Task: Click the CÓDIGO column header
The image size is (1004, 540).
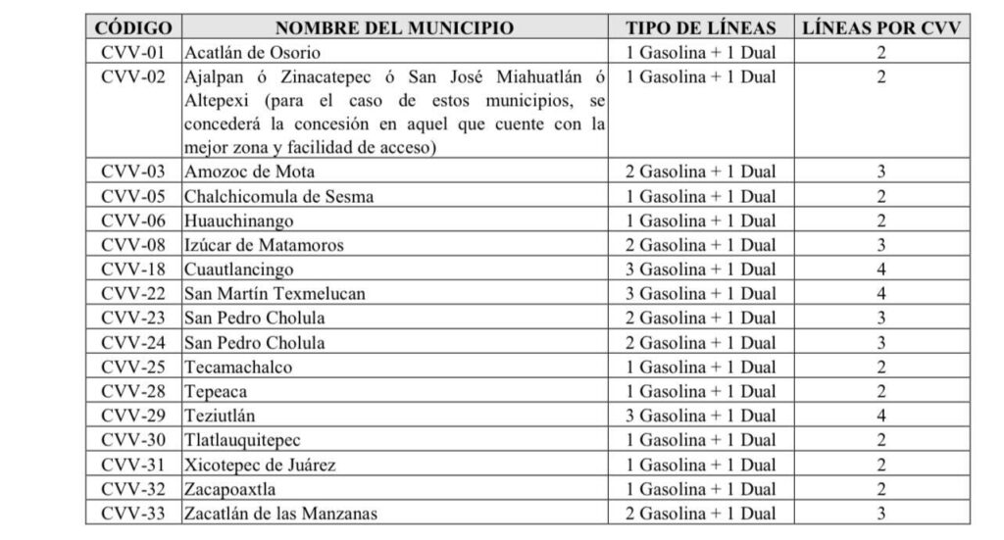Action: pos(133,27)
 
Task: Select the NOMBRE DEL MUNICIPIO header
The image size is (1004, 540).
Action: pos(394,27)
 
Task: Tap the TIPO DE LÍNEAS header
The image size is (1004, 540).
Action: pos(700,27)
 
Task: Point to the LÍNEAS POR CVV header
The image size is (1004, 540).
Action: pos(880,27)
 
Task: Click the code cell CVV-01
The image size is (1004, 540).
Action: pos(133,53)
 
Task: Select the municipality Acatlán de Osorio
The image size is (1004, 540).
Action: pos(252,53)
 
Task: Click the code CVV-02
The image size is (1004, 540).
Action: pos(133,77)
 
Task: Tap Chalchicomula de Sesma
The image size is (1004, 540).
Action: pos(278,197)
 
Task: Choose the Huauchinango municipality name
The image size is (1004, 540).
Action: pos(238,221)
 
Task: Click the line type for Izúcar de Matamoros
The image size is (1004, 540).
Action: pos(700,246)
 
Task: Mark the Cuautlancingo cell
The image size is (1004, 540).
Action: pos(238,270)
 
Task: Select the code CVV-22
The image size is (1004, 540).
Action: pos(133,294)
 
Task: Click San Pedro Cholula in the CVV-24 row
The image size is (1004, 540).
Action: pos(254,343)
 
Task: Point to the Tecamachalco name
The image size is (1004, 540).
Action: pos(237,368)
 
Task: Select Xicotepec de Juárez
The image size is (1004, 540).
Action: pos(259,465)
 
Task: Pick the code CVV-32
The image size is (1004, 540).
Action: pos(133,489)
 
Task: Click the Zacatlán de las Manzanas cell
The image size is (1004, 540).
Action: pos(280,514)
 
